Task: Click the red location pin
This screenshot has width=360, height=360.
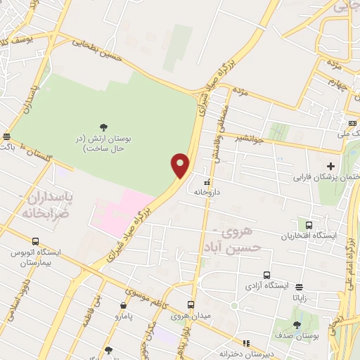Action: point(181,165)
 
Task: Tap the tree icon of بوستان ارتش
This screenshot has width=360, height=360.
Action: point(104,127)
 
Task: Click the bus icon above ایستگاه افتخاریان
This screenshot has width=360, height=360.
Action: point(309,225)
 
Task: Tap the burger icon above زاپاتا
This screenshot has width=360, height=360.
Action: point(300,287)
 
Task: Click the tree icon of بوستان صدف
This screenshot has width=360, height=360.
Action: point(297,325)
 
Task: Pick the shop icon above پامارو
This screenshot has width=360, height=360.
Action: point(124,306)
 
